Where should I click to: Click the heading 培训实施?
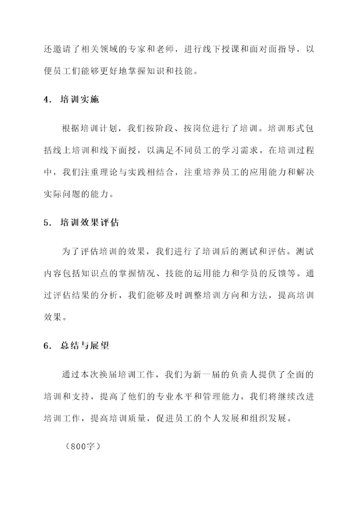[79, 99]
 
